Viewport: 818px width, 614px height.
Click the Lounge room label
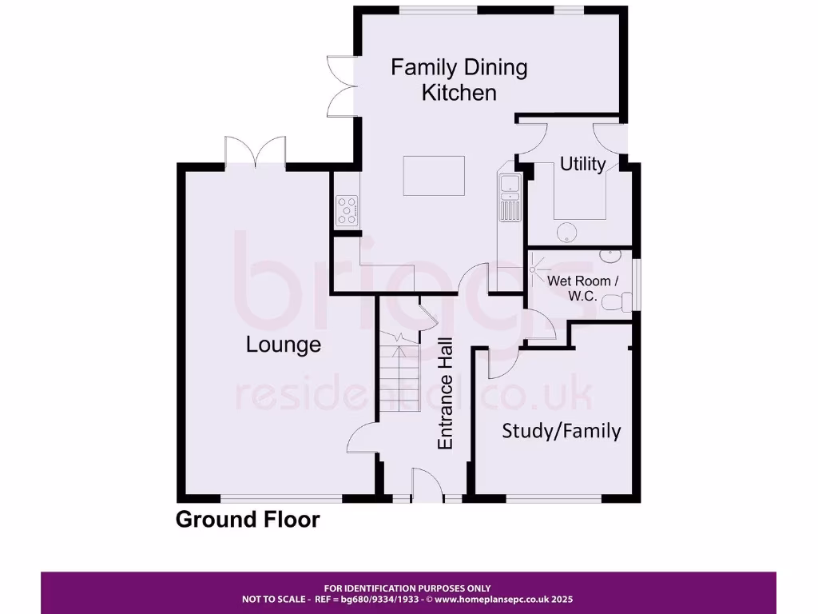[x=283, y=345]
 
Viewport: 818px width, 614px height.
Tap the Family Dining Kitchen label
[x=459, y=79]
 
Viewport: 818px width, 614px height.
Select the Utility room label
[x=582, y=164]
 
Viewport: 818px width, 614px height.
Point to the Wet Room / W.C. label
[x=582, y=288]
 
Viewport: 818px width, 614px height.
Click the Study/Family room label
[x=561, y=431]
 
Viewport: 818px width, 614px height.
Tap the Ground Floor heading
[x=248, y=520]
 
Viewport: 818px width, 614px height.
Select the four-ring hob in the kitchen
[x=347, y=210]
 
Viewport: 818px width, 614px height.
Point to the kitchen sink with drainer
[x=509, y=196]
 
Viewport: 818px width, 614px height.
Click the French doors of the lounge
[x=256, y=152]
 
